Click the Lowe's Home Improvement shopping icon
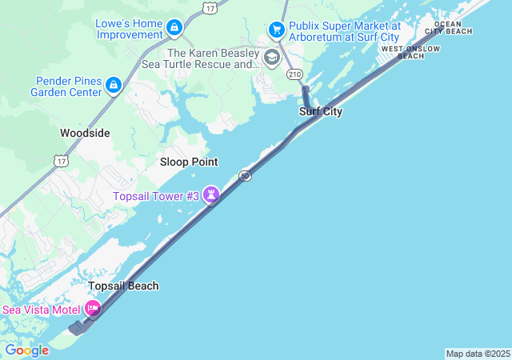[174, 29]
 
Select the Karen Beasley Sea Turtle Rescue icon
[271, 58]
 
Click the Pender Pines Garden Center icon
[114, 85]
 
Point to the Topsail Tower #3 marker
[211, 194]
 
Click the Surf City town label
[321, 111]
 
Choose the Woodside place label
[85, 133]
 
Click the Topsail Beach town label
[123, 286]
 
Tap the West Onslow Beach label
[410, 52]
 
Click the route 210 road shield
[293, 74]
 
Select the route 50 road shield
[246, 175]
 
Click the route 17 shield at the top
[210, 7]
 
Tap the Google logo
[26, 350]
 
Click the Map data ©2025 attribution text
[477, 354]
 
